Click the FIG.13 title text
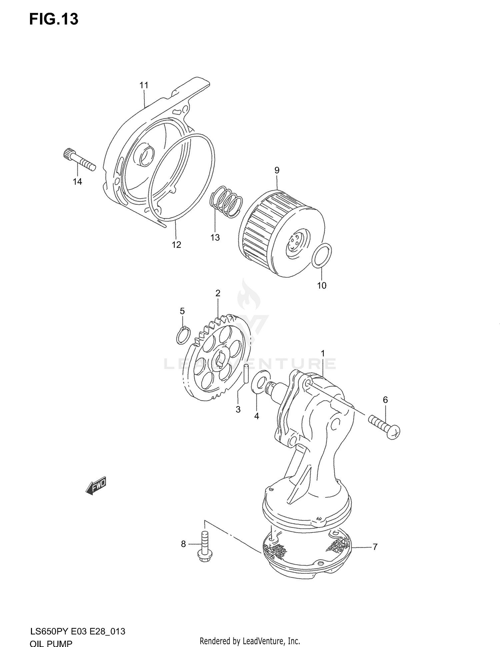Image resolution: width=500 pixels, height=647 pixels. [x=54, y=19]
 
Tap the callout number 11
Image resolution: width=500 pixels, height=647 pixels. [x=144, y=85]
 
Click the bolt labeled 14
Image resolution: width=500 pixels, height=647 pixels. [x=79, y=159]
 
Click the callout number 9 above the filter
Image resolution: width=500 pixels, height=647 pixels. [x=277, y=170]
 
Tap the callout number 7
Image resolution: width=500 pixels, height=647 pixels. [x=375, y=547]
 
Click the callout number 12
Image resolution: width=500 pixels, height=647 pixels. [x=176, y=245]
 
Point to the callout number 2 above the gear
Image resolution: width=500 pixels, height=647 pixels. [x=218, y=293]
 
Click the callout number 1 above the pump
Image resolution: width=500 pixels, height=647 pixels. [x=323, y=353]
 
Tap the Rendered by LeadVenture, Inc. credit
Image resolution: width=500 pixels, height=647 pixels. [x=250, y=641]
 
